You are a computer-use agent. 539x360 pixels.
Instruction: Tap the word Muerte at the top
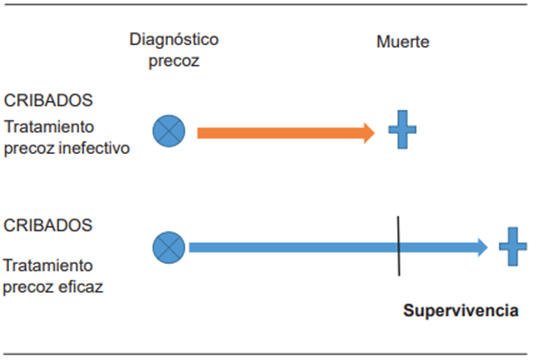[403, 43]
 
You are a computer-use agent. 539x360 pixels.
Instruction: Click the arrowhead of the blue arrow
[481, 247]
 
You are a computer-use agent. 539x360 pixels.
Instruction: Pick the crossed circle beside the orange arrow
[169, 131]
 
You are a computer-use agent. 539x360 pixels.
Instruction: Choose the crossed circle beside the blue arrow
[169, 246]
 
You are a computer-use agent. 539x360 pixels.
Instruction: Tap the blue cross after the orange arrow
[402, 131]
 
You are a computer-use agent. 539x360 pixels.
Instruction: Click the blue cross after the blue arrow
[512, 247]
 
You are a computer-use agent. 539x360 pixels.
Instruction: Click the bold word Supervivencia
[460, 310]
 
